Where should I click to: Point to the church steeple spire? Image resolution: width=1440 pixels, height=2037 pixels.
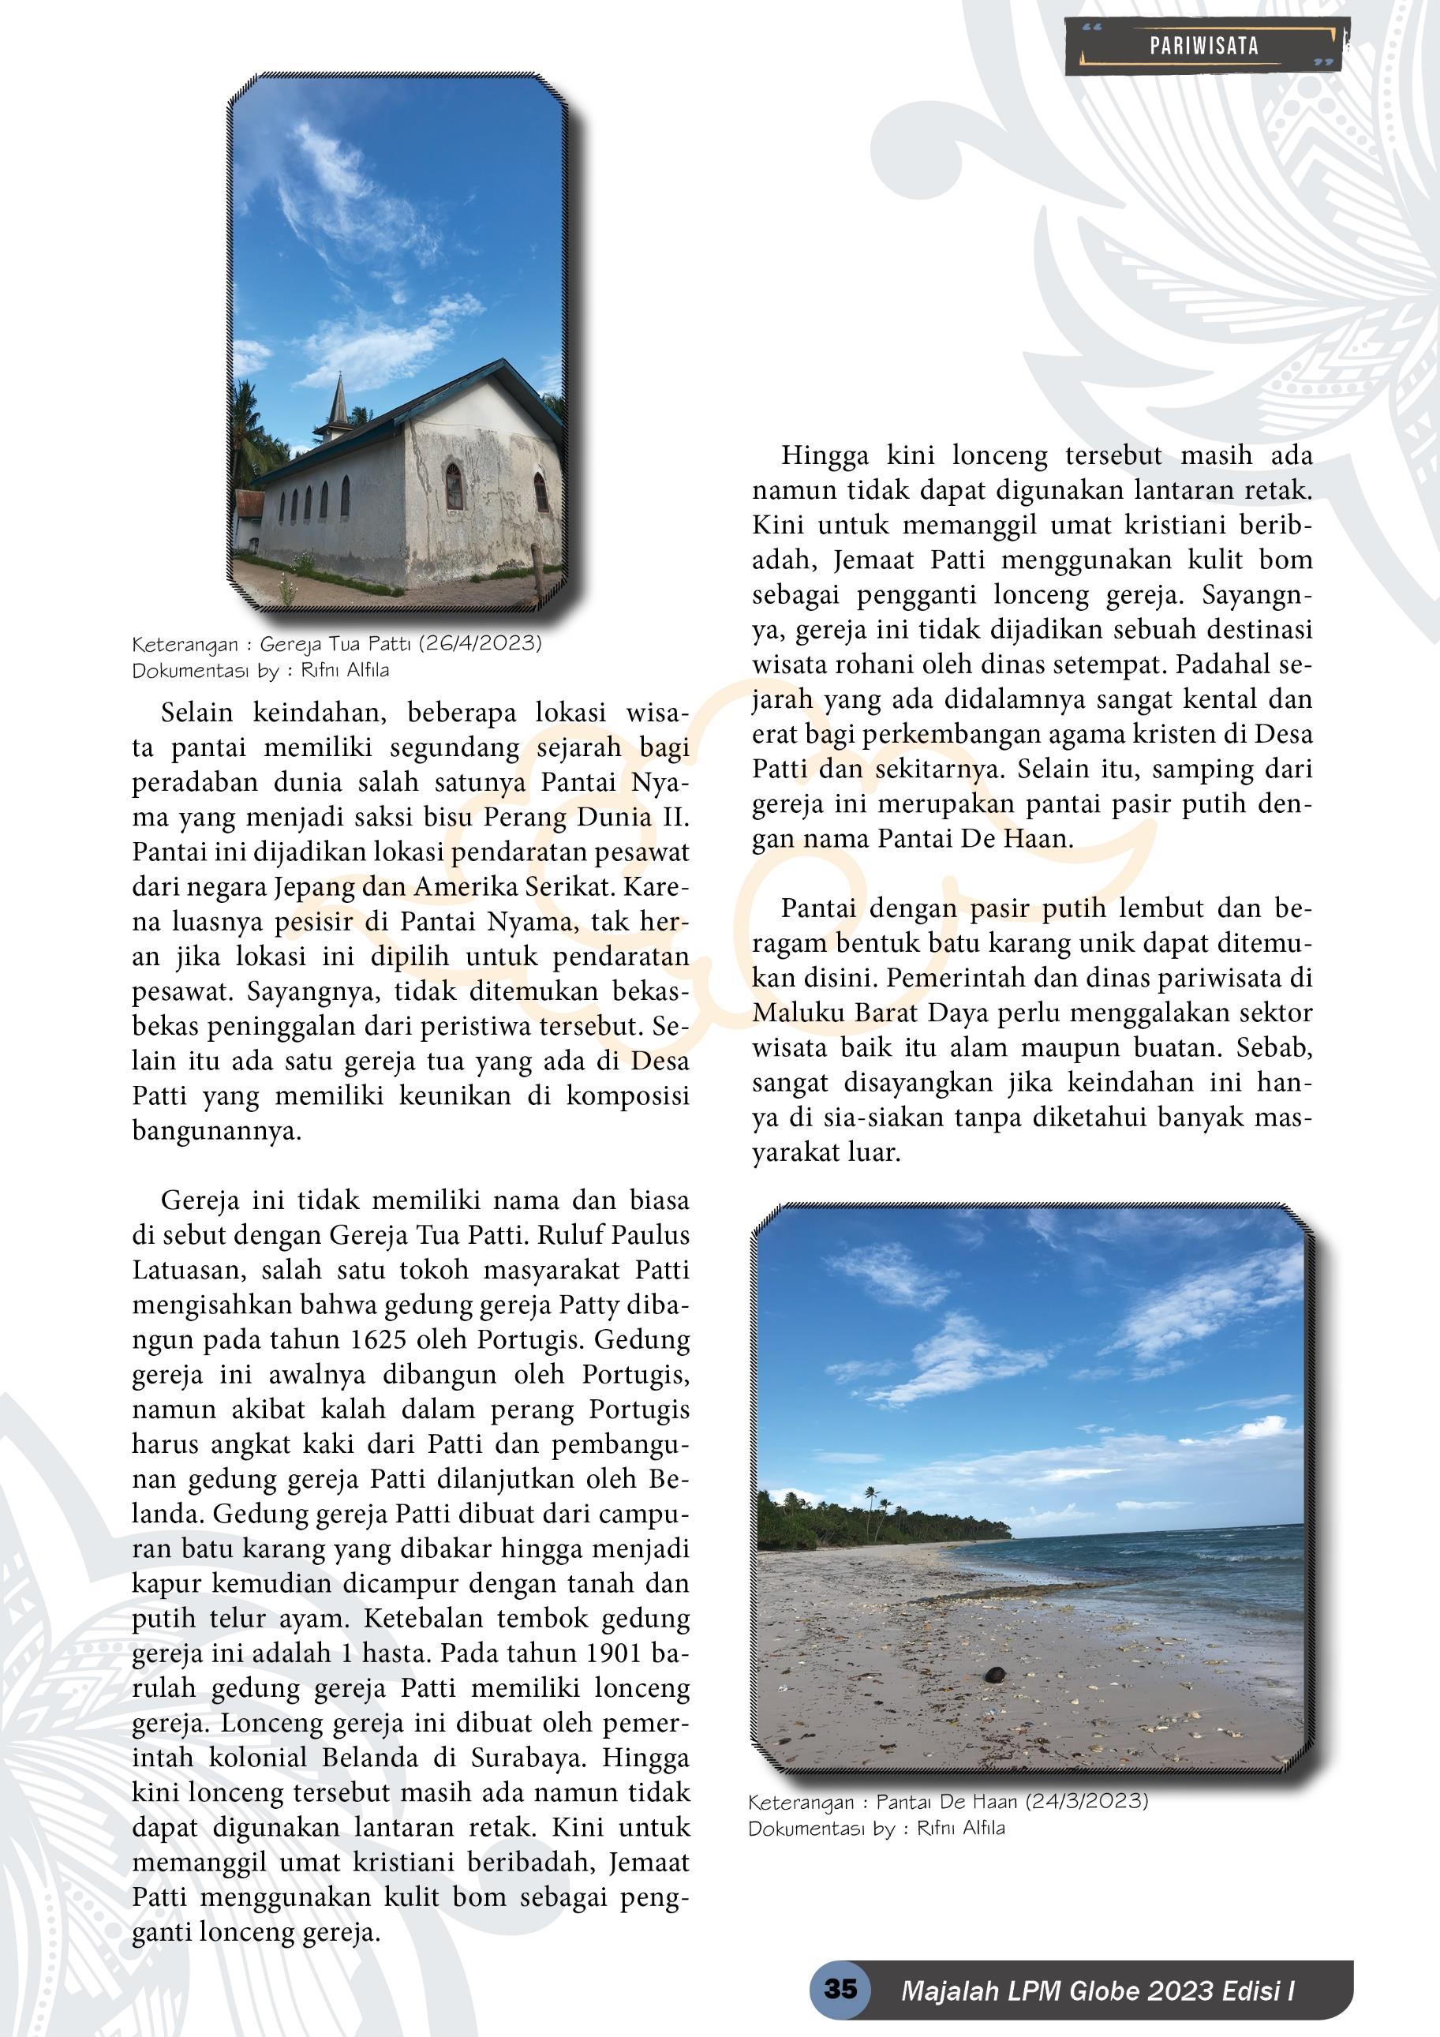tap(339, 401)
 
